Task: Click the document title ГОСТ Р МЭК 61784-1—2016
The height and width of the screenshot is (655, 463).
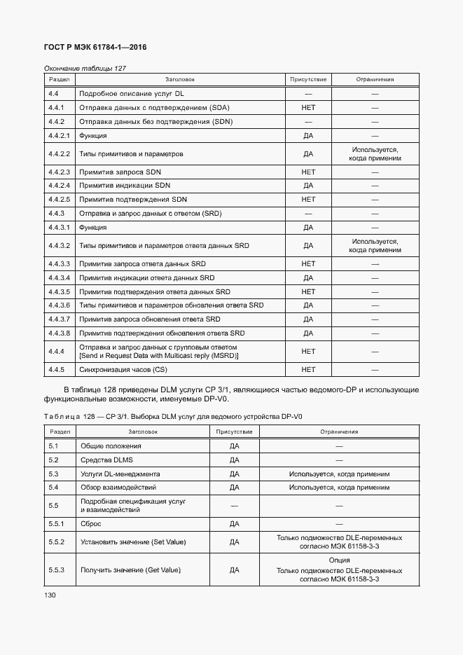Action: (x=95, y=48)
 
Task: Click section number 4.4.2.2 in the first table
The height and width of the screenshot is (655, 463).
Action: (x=60, y=153)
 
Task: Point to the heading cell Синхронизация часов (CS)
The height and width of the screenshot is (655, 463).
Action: (x=124, y=369)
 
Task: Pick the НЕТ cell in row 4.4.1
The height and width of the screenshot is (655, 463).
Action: (x=308, y=108)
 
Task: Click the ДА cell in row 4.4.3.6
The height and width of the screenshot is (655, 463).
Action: (x=308, y=305)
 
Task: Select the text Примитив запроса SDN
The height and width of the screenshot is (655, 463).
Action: (x=125, y=172)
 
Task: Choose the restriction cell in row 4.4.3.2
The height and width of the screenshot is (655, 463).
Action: (x=375, y=245)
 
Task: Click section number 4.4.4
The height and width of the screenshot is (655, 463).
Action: (x=57, y=352)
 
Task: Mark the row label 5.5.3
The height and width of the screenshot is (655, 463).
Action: (x=57, y=570)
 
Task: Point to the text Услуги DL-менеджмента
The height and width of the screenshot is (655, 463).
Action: (x=120, y=474)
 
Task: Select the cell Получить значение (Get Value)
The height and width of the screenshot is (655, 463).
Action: (x=131, y=570)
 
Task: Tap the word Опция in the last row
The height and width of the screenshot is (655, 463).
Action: (x=339, y=560)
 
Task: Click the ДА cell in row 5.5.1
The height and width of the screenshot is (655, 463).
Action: (x=235, y=524)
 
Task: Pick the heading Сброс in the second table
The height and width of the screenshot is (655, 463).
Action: (x=92, y=524)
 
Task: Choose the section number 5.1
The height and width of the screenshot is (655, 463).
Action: (x=53, y=446)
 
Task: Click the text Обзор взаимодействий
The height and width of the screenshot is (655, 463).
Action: (x=118, y=488)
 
